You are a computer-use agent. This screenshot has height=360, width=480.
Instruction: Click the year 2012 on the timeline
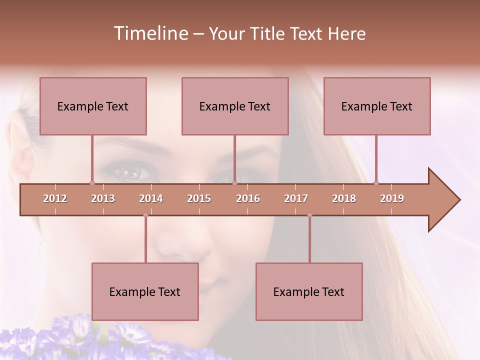(x=55, y=198)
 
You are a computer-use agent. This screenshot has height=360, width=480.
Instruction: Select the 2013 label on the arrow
(x=103, y=198)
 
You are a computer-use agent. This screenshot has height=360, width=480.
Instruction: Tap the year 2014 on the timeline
(x=151, y=198)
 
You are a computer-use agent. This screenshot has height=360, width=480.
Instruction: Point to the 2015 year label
(x=199, y=198)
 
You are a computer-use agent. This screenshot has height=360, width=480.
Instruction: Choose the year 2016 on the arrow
(x=248, y=198)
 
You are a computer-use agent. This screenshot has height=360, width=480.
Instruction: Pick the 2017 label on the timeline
(x=296, y=198)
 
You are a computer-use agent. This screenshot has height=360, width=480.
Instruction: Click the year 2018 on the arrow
(x=344, y=198)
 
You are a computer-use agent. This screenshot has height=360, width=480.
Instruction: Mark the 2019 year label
(x=392, y=198)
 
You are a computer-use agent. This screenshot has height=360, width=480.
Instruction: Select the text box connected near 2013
(x=93, y=106)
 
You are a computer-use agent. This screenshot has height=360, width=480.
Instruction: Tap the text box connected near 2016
(x=235, y=106)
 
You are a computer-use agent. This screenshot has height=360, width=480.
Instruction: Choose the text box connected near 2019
(x=377, y=106)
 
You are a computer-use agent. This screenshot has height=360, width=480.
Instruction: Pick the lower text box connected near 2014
(x=145, y=291)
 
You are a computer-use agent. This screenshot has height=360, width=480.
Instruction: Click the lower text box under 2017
(x=309, y=291)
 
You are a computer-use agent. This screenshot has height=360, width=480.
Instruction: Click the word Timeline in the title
(x=150, y=33)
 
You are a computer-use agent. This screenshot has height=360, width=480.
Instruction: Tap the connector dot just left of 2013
(x=92, y=183)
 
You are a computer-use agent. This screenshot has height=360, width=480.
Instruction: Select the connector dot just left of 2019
(x=376, y=183)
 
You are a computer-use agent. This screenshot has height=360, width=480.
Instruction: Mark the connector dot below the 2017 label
(x=309, y=215)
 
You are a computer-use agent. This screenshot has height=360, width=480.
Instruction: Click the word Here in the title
(x=346, y=34)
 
